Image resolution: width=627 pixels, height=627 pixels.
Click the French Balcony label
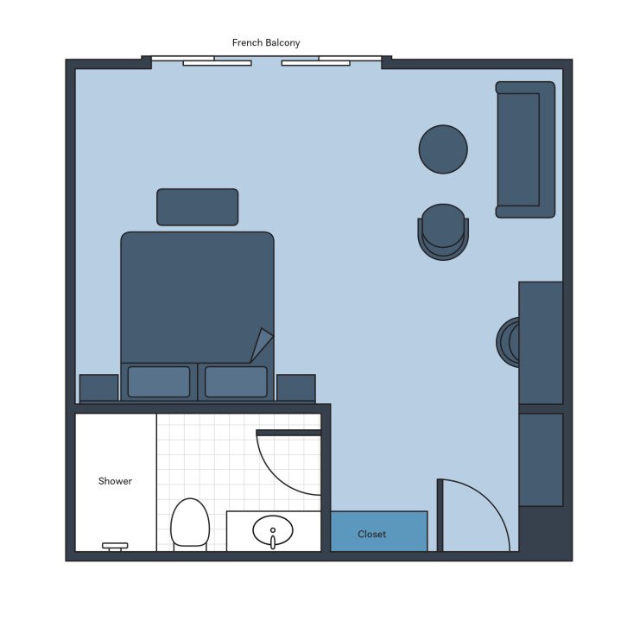pyautogui.click(x=266, y=42)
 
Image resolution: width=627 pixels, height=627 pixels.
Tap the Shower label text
pyautogui.click(x=115, y=481)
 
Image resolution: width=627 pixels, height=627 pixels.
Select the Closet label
pyautogui.click(x=372, y=534)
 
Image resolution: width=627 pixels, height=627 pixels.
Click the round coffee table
pyautogui.click(x=443, y=149)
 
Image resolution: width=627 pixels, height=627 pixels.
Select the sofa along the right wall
pyautogui.click(x=523, y=149)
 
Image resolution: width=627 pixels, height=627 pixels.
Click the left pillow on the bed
pyautogui.click(x=159, y=381)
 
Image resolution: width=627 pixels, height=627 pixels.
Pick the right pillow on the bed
pyautogui.click(x=236, y=381)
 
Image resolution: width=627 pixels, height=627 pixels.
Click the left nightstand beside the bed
pyautogui.click(x=98, y=388)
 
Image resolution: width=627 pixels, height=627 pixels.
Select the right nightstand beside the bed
pyautogui.click(x=296, y=388)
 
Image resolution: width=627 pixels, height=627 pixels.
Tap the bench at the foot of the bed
pyautogui.click(x=197, y=207)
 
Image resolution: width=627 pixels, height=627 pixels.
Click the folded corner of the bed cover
pyautogui.click(x=261, y=345)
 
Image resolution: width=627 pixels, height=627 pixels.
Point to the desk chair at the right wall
pyautogui.click(x=507, y=342)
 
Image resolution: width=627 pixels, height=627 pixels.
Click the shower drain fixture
pyautogui.click(x=115, y=546)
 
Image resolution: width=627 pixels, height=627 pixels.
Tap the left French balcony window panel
pyautogui.click(x=217, y=62)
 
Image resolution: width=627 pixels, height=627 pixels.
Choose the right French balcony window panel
pyautogui.click(x=316, y=62)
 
